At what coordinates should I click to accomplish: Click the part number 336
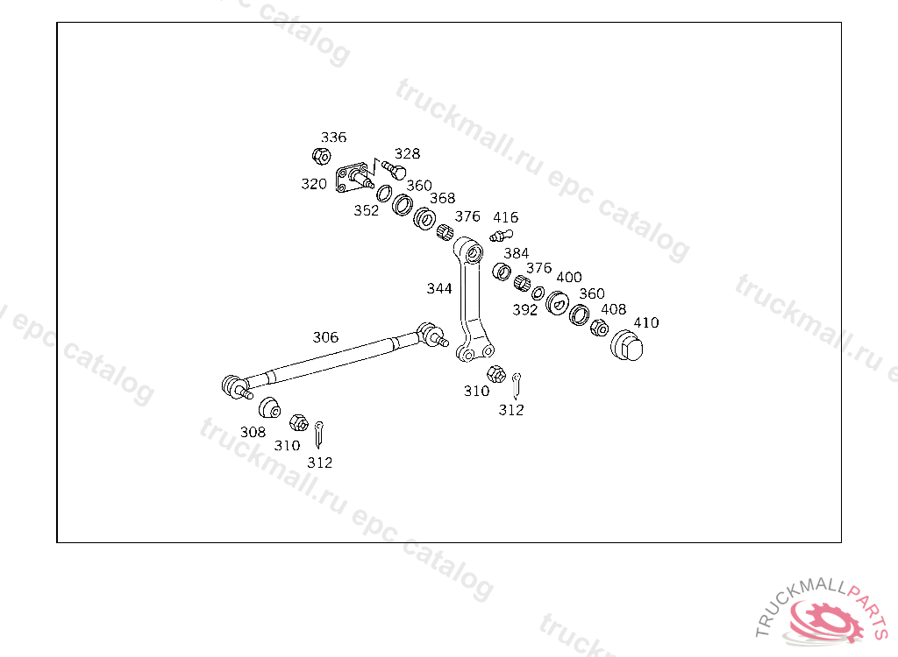tap(333, 138)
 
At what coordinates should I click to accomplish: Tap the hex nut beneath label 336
tap(321, 156)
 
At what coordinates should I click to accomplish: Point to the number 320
tap(314, 184)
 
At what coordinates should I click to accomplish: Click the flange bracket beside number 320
tap(353, 175)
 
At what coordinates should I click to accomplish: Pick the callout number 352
tap(367, 210)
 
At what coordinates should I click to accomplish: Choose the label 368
tap(442, 199)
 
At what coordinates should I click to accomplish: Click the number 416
tap(505, 217)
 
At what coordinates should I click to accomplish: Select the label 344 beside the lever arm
tap(439, 288)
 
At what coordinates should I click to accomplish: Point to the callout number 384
tap(516, 253)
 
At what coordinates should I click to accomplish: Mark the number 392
tap(524, 310)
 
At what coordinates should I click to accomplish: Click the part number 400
tap(569, 277)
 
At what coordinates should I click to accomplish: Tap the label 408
tap(613, 309)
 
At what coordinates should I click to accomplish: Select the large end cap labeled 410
tap(627, 346)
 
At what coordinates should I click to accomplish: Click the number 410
tap(645, 322)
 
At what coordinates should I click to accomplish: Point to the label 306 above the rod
tap(325, 337)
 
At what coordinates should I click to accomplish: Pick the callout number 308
tap(253, 432)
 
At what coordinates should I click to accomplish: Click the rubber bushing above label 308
tap(268, 406)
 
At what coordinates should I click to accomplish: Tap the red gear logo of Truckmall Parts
tap(823, 624)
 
